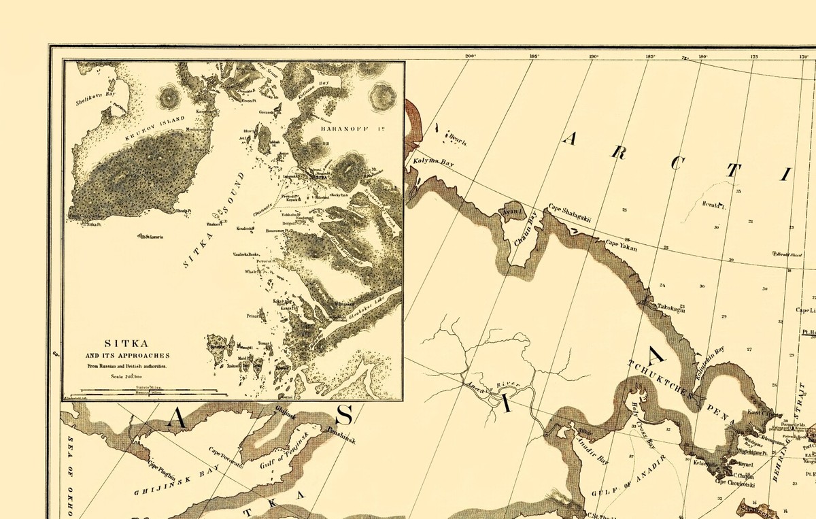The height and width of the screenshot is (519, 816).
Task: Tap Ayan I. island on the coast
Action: coord(511,212)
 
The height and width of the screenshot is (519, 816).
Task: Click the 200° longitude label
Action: coord(469,56)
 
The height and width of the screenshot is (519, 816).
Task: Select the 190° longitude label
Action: coord(593,56)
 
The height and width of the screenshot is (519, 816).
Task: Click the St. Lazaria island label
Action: coord(153,237)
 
